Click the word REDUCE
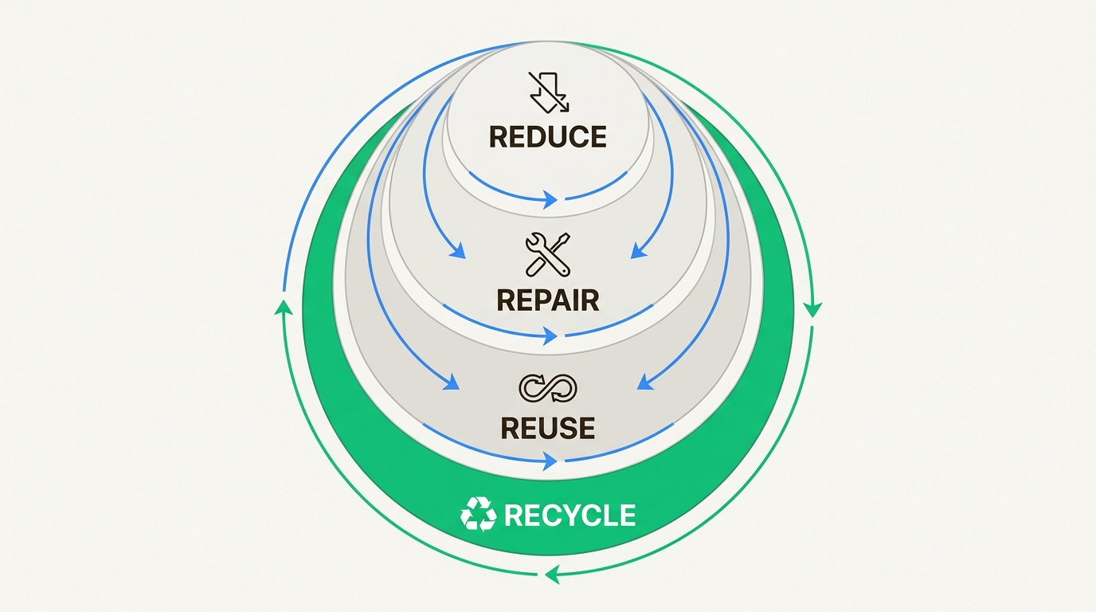547,137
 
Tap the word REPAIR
548,300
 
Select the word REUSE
548,428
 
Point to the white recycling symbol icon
479,514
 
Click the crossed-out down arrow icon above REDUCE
550,92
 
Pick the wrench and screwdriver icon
548,254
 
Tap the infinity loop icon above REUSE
548,388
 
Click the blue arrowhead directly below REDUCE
551,200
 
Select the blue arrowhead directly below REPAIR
551,335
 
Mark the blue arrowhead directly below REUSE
551,461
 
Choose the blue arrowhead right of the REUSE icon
645,382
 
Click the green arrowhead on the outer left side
284,307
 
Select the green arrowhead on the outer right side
812,310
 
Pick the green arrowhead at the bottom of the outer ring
552,574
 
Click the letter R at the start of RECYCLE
512,515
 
